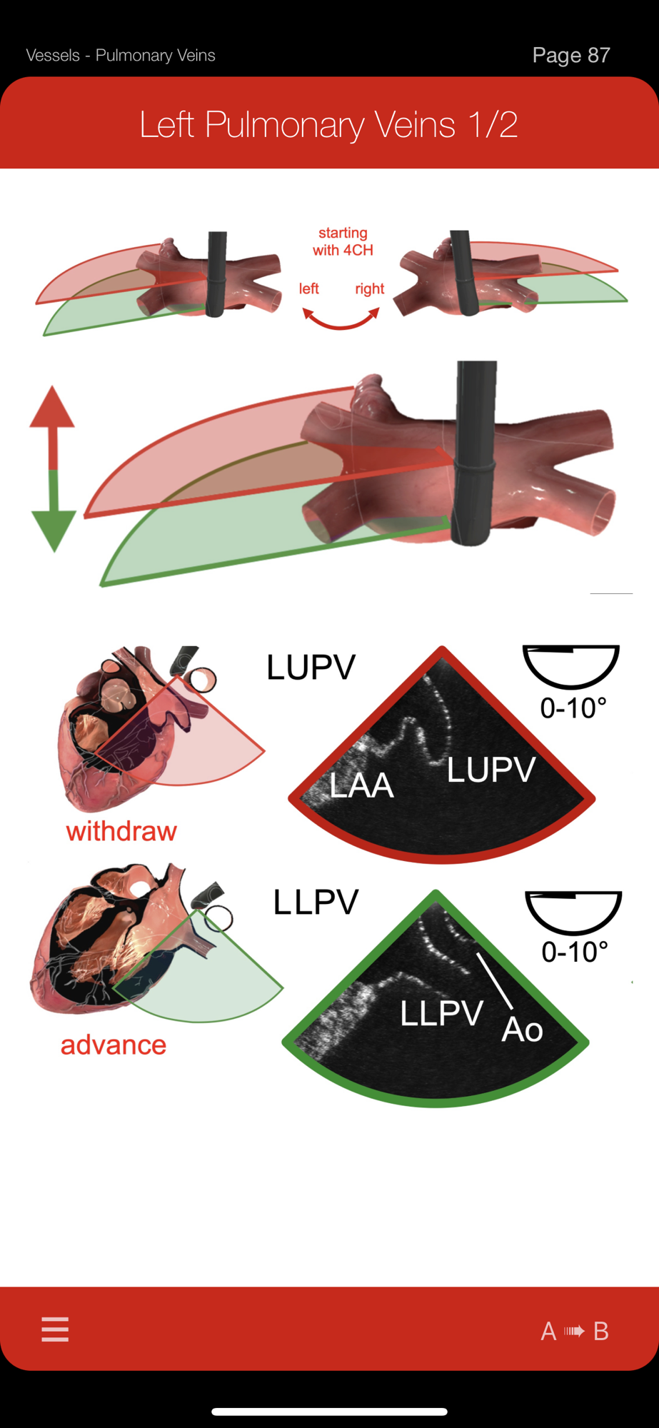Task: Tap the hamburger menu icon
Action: point(55,1329)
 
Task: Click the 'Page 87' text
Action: point(570,55)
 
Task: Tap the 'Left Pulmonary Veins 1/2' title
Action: point(328,124)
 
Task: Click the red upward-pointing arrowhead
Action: point(52,408)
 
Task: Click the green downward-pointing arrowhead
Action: point(54,529)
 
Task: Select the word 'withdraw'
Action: point(121,831)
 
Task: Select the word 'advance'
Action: point(114,1045)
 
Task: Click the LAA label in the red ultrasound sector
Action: point(361,785)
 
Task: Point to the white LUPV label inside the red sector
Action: point(491,770)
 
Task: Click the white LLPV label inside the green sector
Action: point(441,1013)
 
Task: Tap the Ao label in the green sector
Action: point(522,1029)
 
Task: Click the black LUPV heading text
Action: point(311,667)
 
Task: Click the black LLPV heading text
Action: point(316,902)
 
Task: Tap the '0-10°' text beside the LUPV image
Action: point(573,708)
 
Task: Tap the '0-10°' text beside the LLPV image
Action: point(575,951)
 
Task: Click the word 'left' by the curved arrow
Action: point(308,288)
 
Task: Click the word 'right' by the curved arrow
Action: point(369,288)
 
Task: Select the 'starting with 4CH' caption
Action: point(343,241)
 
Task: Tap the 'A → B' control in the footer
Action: point(575,1331)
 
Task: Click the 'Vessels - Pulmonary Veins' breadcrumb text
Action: point(121,55)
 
